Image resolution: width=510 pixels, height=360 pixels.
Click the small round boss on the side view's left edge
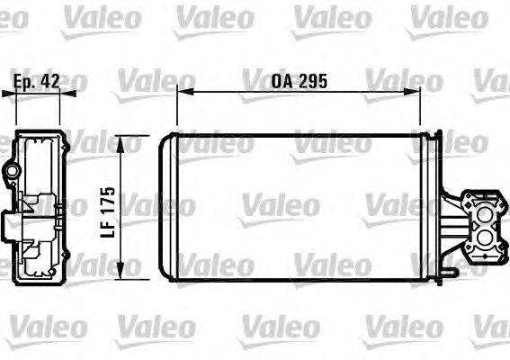pyautogui.click(x=11, y=171)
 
